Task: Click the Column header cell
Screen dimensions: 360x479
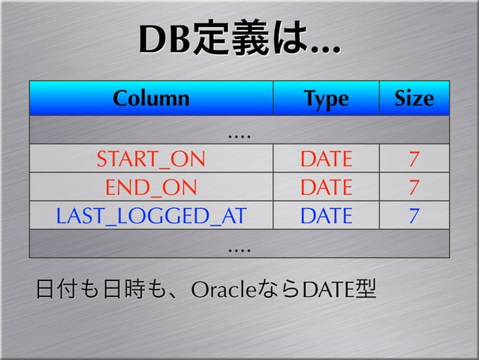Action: [151, 98]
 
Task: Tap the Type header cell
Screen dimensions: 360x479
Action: [325, 98]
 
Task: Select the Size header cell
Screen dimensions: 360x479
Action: [414, 98]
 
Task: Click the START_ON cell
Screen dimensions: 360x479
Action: [151, 159]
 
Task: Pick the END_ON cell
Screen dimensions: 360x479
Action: [151, 187]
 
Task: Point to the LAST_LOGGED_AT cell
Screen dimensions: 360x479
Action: [151, 216]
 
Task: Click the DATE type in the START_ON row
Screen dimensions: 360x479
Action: [325, 159]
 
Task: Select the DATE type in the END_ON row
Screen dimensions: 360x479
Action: [325, 187]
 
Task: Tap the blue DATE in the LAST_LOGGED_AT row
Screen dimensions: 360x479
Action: [325, 216]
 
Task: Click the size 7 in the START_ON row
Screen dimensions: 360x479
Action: [414, 159]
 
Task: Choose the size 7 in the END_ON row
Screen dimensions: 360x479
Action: [414, 187]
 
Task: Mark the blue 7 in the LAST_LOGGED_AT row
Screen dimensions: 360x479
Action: [414, 216]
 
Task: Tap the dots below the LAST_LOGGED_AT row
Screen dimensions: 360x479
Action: [239, 245]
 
